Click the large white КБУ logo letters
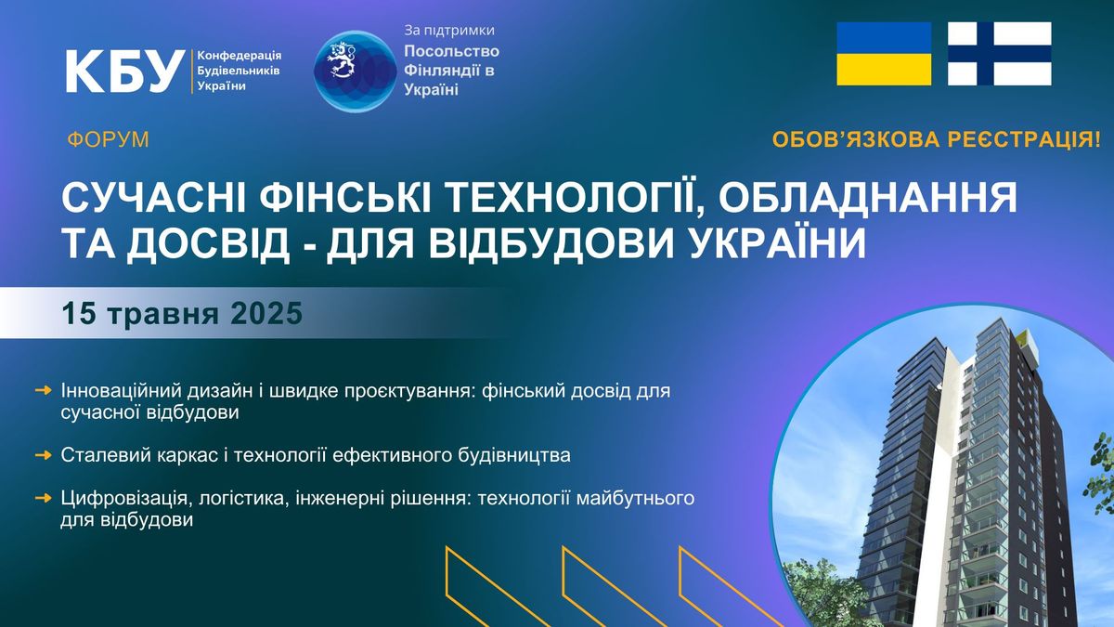click(123, 72)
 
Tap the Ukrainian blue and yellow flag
click(884, 54)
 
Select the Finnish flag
click(1000, 54)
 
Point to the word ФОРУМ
click(108, 140)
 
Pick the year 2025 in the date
click(266, 314)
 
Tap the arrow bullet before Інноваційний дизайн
click(44, 391)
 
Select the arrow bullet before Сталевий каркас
click(44, 455)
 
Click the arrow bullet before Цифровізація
click(44, 498)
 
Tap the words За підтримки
click(449, 31)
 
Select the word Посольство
click(451, 51)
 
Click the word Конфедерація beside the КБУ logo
click(240, 55)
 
